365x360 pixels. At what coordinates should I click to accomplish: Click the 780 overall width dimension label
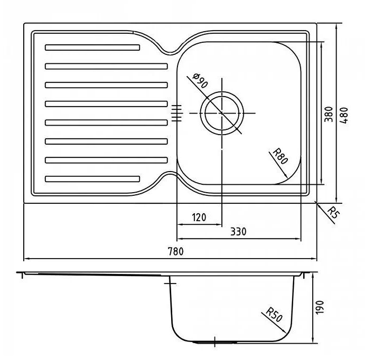(176, 251)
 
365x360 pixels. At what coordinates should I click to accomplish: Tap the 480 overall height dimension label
(344, 116)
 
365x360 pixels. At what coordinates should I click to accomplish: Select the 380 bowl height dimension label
(329, 115)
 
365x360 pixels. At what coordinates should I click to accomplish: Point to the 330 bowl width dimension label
(238, 232)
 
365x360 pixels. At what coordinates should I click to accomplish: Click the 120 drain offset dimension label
(199, 217)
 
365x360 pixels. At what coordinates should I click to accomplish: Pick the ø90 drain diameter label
(200, 80)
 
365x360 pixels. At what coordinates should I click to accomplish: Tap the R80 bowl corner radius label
(280, 156)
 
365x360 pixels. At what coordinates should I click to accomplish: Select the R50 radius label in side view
(274, 315)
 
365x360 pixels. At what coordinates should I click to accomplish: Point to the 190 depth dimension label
(320, 307)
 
